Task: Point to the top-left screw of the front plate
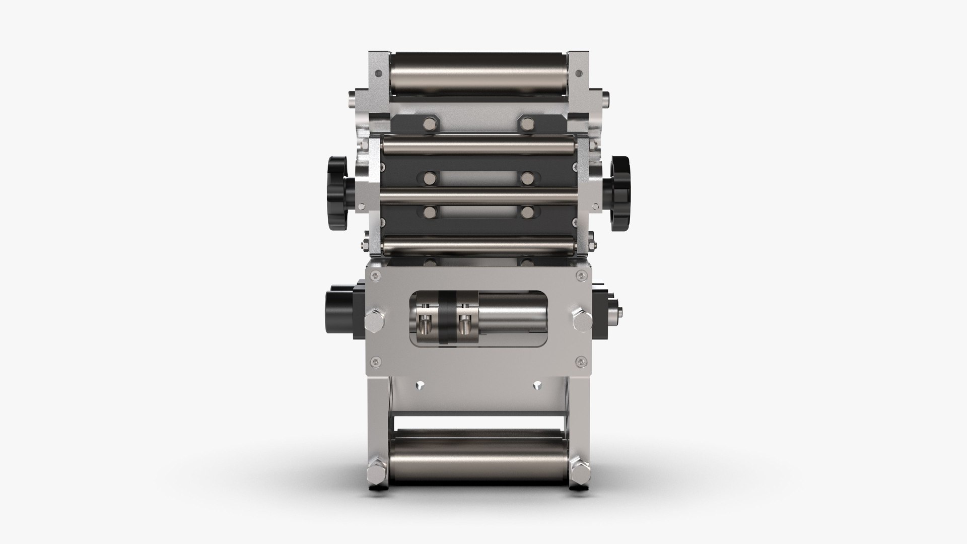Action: [373, 275]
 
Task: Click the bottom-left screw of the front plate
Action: [373, 360]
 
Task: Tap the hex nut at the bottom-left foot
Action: [376, 474]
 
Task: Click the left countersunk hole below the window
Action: [420, 385]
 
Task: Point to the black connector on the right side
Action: [604, 313]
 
